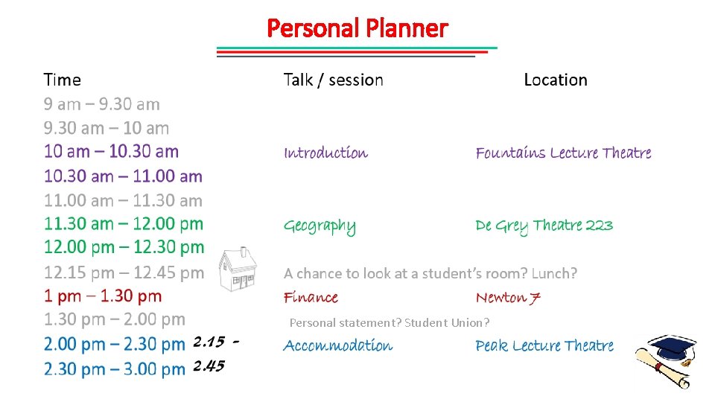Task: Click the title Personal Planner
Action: pyautogui.click(x=357, y=28)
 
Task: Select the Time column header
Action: pyautogui.click(x=63, y=80)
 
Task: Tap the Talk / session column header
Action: pyautogui.click(x=333, y=80)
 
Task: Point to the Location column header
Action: pyautogui.click(x=556, y=80)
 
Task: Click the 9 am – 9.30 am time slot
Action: pyautogui.click(x=102, y=104)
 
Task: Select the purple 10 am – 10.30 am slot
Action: pyautogui.click(x=111, y=152)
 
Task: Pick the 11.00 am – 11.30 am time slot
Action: pyautogui.click(x=123, y=200)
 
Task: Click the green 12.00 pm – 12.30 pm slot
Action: pyautogui.click(x=124, y=247)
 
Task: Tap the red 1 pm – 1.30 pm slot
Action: pyautogui.click(x=103, y=296)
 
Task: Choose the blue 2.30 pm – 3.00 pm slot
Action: pyautogui.click(x=115, y=369)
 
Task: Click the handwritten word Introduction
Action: pyautogui.click(x=325, y=153)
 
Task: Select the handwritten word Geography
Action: pyautogui.click(x=320, y=226)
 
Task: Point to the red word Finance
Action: pyautogui.click(x=311, y=298)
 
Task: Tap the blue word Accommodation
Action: pyautogui.click(x=338, y=345)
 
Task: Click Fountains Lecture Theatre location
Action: pyautogui.click(x=563, y=153)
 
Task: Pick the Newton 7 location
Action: pyautogui.click(x=508, y=298)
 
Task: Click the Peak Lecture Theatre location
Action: pyautogui.click(x=544, y=345)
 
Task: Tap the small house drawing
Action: pyautogui.click(x=238, y=269)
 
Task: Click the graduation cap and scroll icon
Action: pyautogui.click(x=667, y=360)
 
